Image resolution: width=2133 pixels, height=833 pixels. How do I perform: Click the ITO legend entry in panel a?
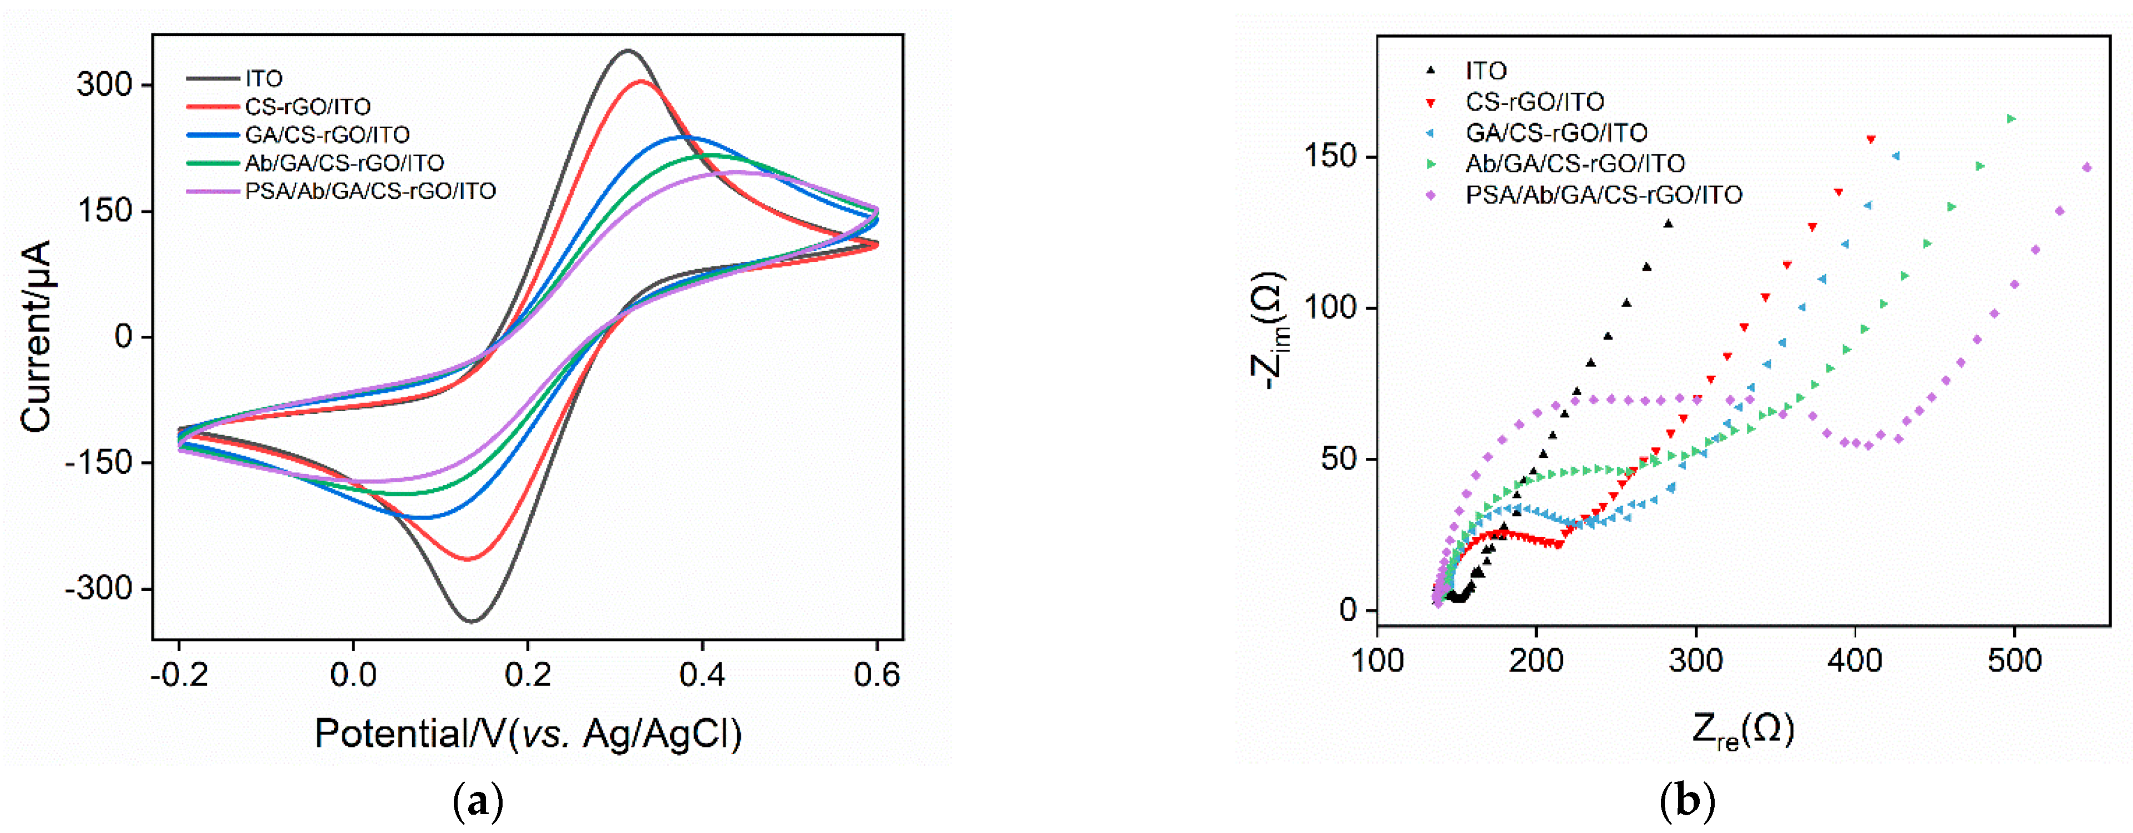pos(264,79)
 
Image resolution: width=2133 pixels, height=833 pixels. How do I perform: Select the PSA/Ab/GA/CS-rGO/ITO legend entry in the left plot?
pos(369,191)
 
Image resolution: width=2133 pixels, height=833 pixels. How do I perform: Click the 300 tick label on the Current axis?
pos(104,84)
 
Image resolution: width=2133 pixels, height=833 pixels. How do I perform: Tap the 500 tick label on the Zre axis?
pos(2014,661)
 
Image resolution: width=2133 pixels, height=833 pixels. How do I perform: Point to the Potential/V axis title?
pos(528,734)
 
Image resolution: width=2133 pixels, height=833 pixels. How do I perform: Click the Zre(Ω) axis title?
pos(1742,730)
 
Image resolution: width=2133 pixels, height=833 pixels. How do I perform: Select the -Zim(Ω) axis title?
pos(1268,331)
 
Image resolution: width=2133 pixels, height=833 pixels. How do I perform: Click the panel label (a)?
pos(479,801)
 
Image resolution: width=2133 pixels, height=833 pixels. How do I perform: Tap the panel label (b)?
pos(1686,801)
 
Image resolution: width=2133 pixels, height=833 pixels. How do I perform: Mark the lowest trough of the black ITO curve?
pos(472,620)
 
